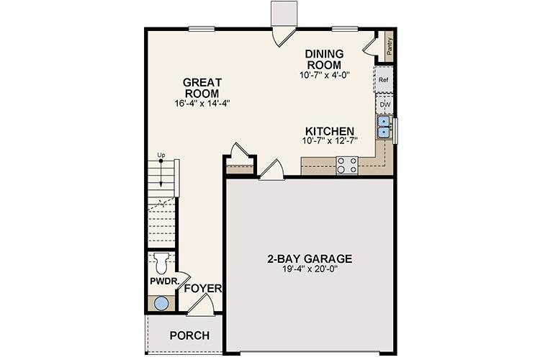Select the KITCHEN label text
[330, 131]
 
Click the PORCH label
[189, 336]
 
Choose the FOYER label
[202, 289]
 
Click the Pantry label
[389, 48]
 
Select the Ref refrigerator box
[384, 81]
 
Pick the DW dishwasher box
[384, 104]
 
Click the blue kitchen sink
[383, 127]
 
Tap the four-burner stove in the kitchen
[348, 165]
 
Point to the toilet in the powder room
[161, 260]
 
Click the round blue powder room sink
[162, 303]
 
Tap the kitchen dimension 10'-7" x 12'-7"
[330, 143]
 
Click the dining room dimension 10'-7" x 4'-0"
[325, 74]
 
